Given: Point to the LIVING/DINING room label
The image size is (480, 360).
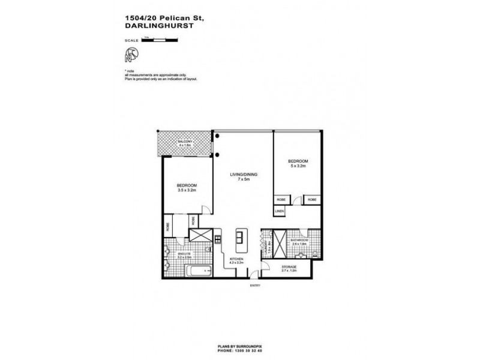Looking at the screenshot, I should click(244, 175).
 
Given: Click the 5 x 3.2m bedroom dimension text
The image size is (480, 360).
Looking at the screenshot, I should click(298, 167).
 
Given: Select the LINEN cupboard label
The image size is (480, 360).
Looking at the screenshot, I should click(280, 211).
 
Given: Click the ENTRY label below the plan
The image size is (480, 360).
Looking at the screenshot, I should click(256, 286).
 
